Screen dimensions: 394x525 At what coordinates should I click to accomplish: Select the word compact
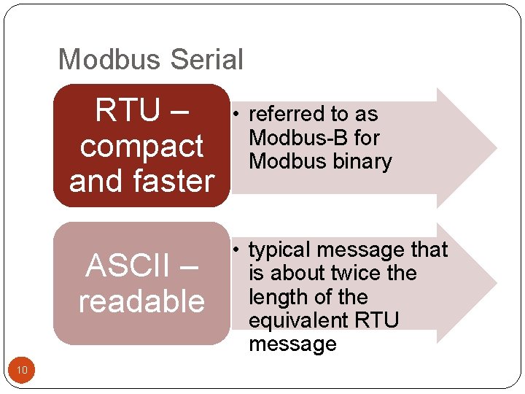[141, 147]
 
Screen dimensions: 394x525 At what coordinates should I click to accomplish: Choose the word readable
[141, 301]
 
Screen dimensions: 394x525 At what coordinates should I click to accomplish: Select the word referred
[286, 115]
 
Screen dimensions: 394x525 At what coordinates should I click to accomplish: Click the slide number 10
[22, 371]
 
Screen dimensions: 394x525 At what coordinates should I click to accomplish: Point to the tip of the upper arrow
[496, 148]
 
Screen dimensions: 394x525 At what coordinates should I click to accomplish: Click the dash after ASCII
[187, 266]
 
